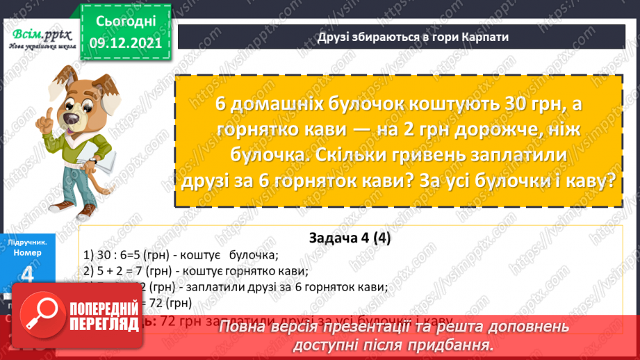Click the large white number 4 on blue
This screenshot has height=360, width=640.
point(28,276)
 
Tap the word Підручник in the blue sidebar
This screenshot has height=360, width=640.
point(28,241)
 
